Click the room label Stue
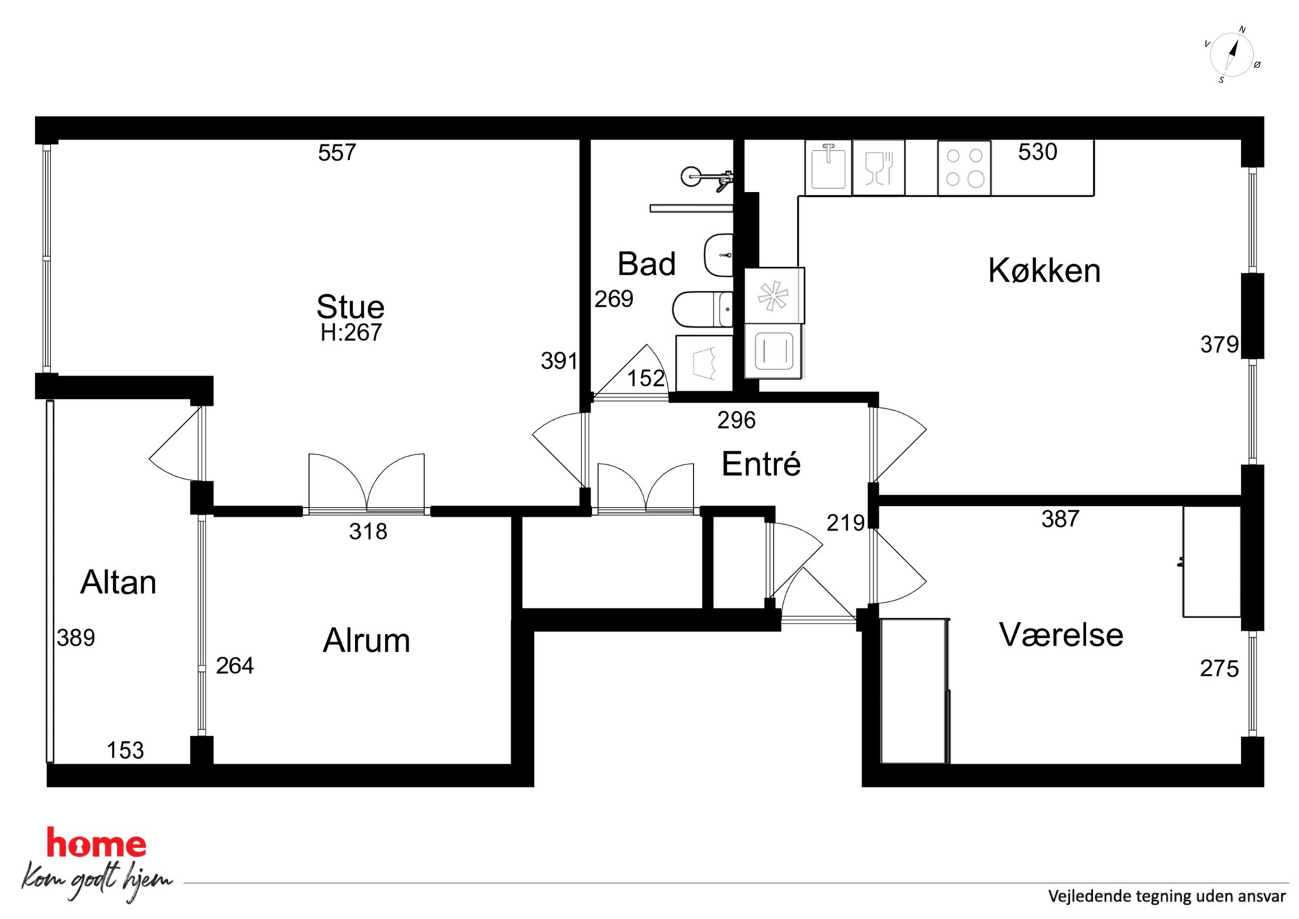pos(350,307)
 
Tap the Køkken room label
pos(1044,270)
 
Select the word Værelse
pos(1061,634)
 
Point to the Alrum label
pos(367,640)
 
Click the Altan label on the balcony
pos(119,582)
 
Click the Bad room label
pos(647,264)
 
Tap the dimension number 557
pos(337,153)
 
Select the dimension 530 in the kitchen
pos(1038,151)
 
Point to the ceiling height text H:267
pos(351,332)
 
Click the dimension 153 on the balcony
pos(125,750)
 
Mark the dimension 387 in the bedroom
pos(1060,519)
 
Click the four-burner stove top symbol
pos(964,168)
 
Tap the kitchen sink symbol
pos(828,168)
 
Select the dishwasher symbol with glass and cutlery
pos(879,168)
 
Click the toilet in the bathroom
pos(703,309)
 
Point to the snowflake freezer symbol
pos(775,295)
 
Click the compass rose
pos(1232,55)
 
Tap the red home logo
pos(96,843)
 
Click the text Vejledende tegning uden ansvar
pos(1167,895)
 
